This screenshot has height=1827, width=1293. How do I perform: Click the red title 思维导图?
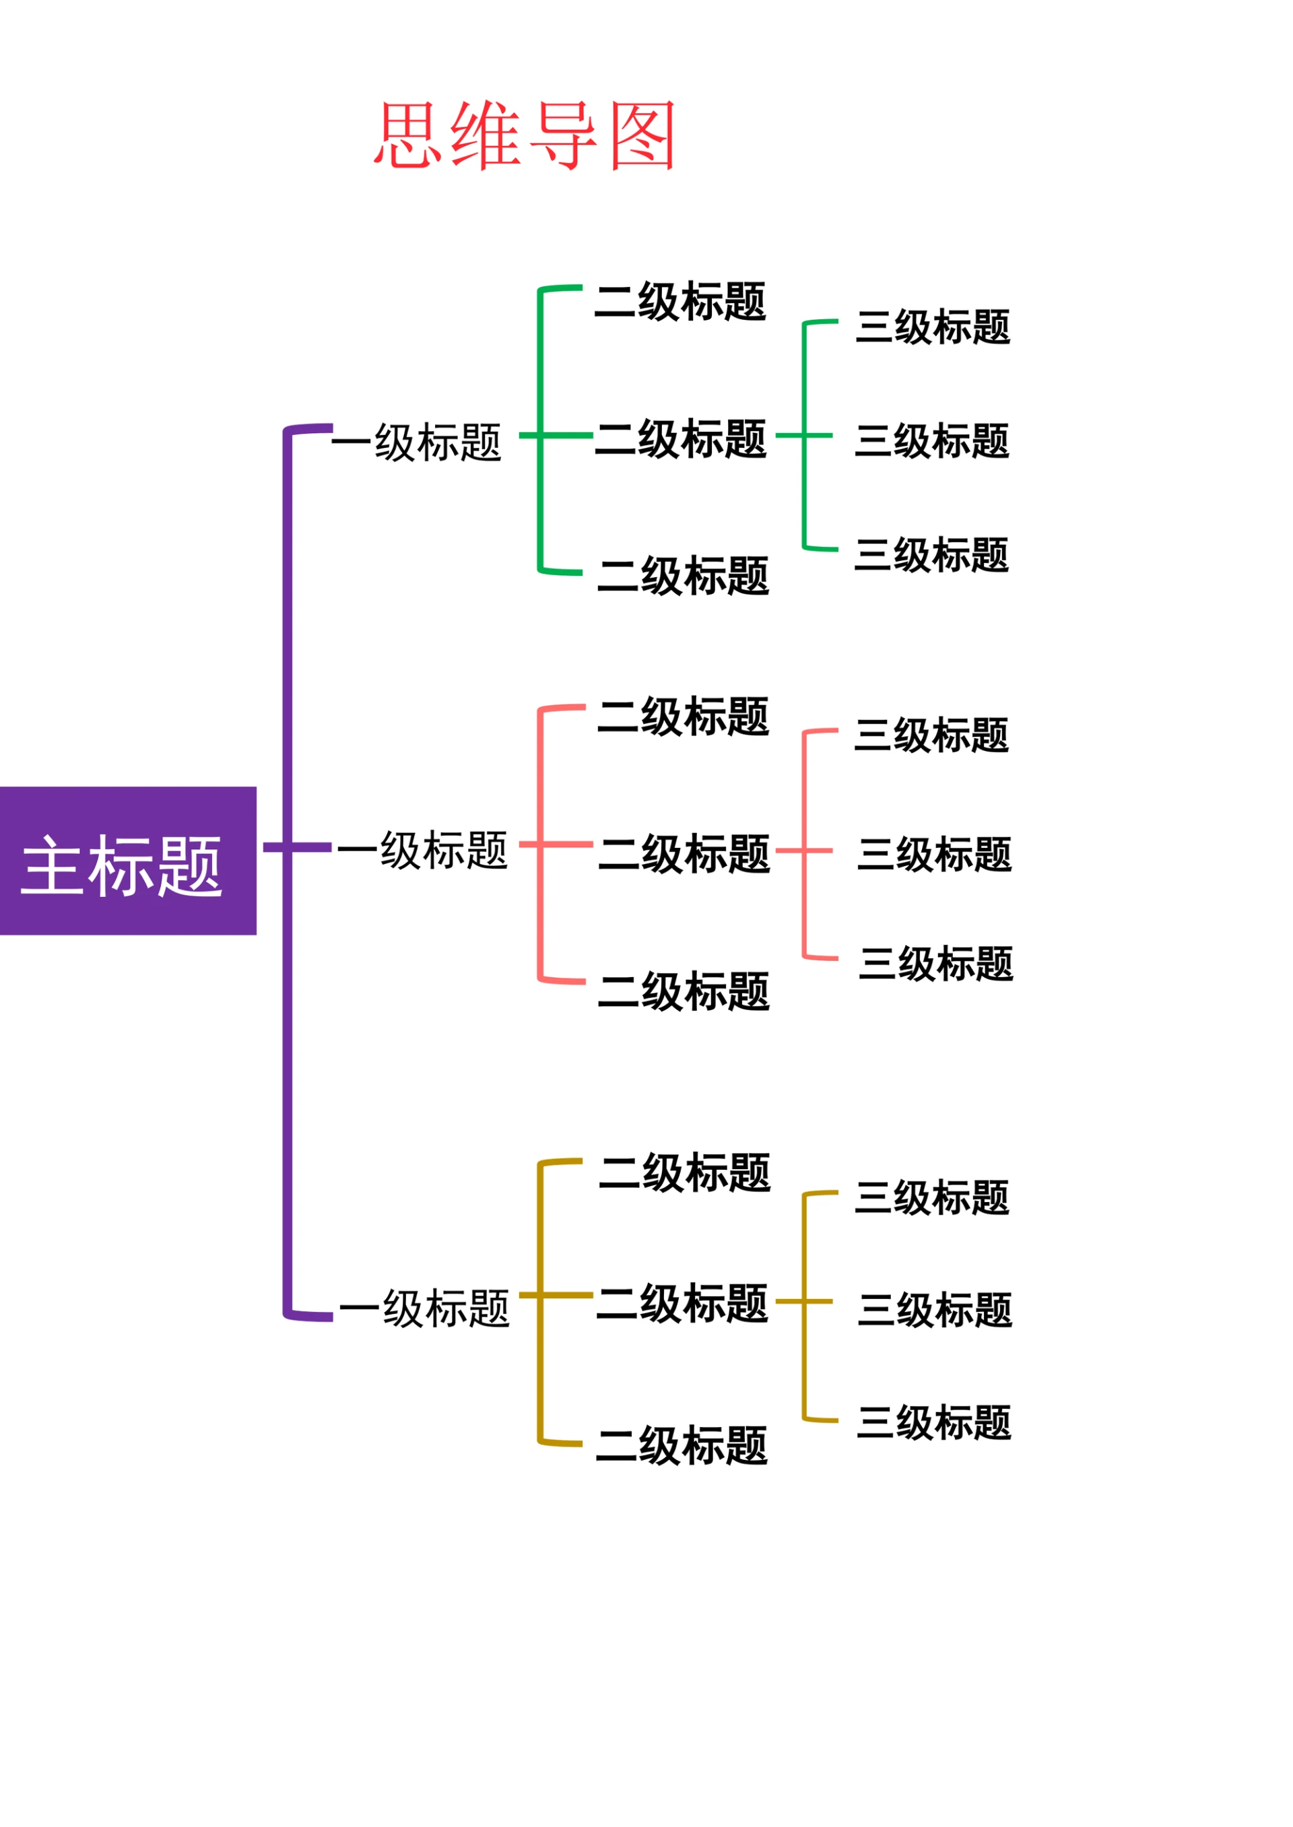(x=525, y=135)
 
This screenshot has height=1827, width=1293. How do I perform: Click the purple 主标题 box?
(x=127, y=861)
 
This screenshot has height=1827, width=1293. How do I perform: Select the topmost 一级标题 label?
(x=416, y=442)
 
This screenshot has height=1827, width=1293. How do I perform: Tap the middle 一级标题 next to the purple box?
(x=423, y=851)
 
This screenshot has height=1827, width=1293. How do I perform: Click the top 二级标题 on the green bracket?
(x=681, y=302)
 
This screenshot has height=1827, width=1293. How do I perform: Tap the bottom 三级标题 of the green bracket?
(x=931, y=555)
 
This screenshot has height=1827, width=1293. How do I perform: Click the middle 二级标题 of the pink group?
(x=685, y=854)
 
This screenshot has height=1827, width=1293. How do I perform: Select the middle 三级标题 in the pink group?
(x=935, y=854)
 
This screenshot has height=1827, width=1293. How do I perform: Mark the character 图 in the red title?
(x=642, y=135)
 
